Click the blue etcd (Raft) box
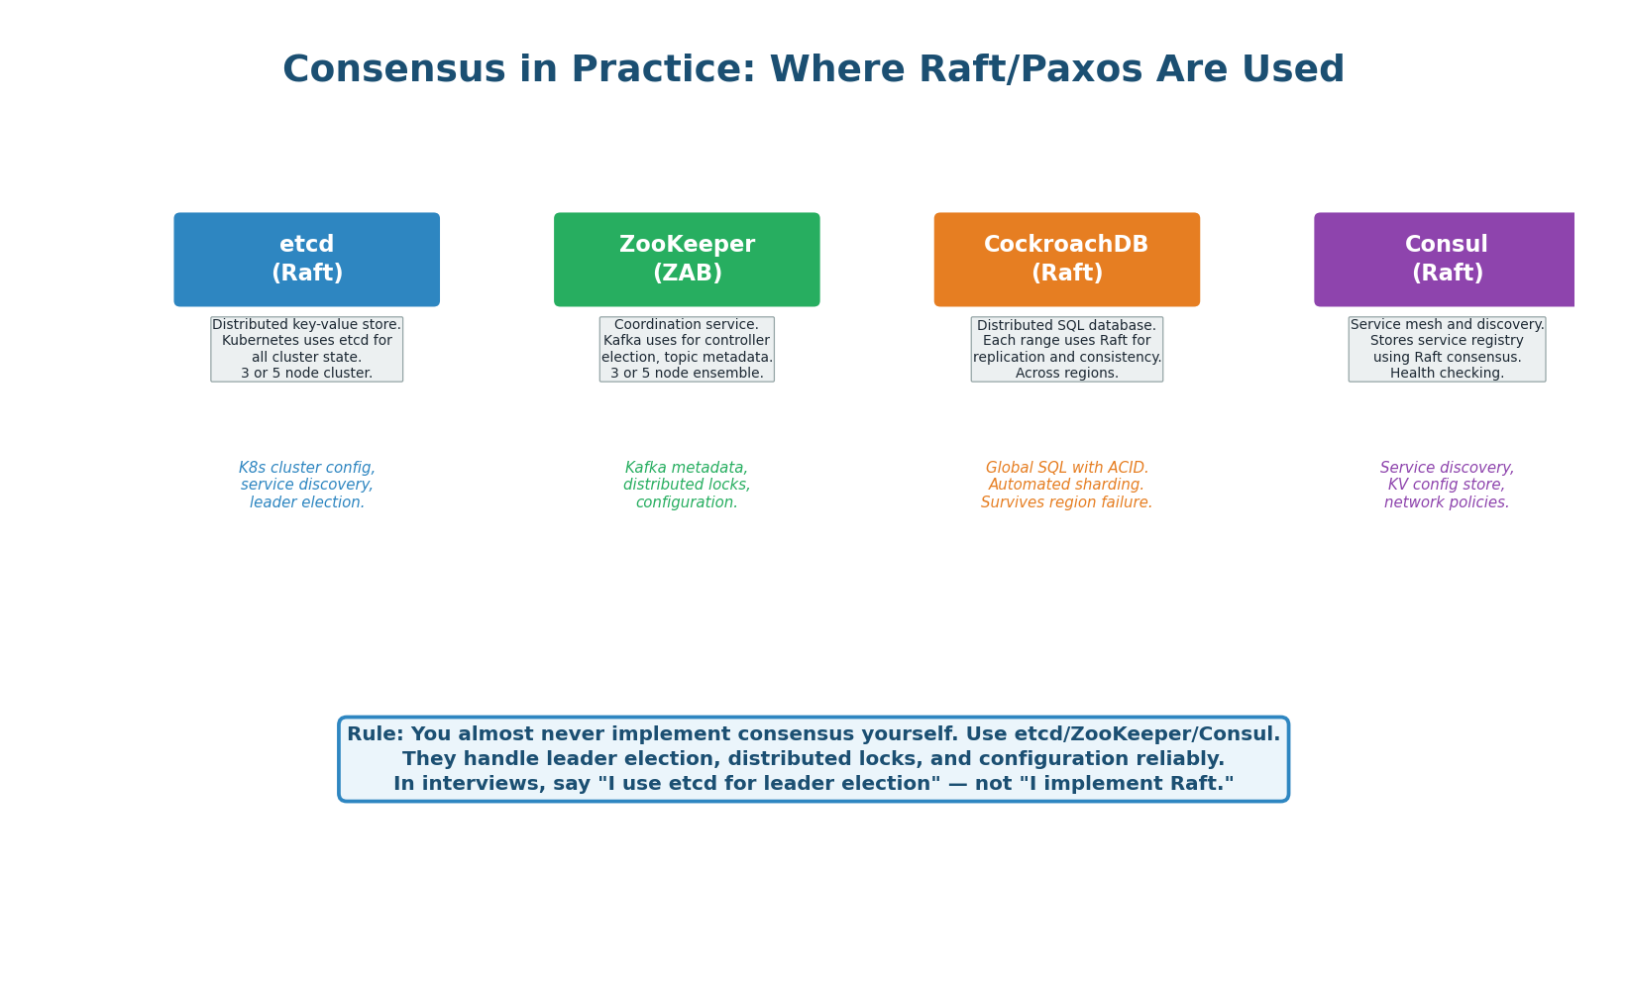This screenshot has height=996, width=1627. click(306, 260)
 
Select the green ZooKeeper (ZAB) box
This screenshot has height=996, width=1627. click(687, 260)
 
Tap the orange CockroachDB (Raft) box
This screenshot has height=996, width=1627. click(1066, 260)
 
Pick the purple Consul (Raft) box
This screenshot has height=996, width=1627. click(1444, 260)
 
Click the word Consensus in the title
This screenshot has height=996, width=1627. click(393, 69)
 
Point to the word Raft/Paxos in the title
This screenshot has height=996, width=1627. click(1030, 69)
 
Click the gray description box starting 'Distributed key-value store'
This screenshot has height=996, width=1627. click(306, 350)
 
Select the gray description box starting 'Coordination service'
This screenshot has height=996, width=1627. click(687, 350)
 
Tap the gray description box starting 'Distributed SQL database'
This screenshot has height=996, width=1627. click(1066, 350)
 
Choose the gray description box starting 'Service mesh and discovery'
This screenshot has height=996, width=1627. click(1447, 350)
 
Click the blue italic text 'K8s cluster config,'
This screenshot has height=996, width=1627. click(306, 468)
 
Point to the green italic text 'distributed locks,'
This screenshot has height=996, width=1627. click(687, 485)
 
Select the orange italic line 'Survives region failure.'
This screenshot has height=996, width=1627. click(1066, 502)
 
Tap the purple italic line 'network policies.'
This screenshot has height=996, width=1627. click(1446, 502)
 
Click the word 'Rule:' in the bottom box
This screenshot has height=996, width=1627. click(375, 734)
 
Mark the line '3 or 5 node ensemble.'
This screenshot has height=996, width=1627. click(687, 374)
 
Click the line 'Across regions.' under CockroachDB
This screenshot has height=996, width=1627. click(1066, 374)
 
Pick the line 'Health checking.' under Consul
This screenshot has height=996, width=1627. click(1447, 374)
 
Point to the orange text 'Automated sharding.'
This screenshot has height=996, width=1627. click(1066, 485)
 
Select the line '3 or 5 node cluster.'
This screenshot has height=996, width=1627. click(306, 374)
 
